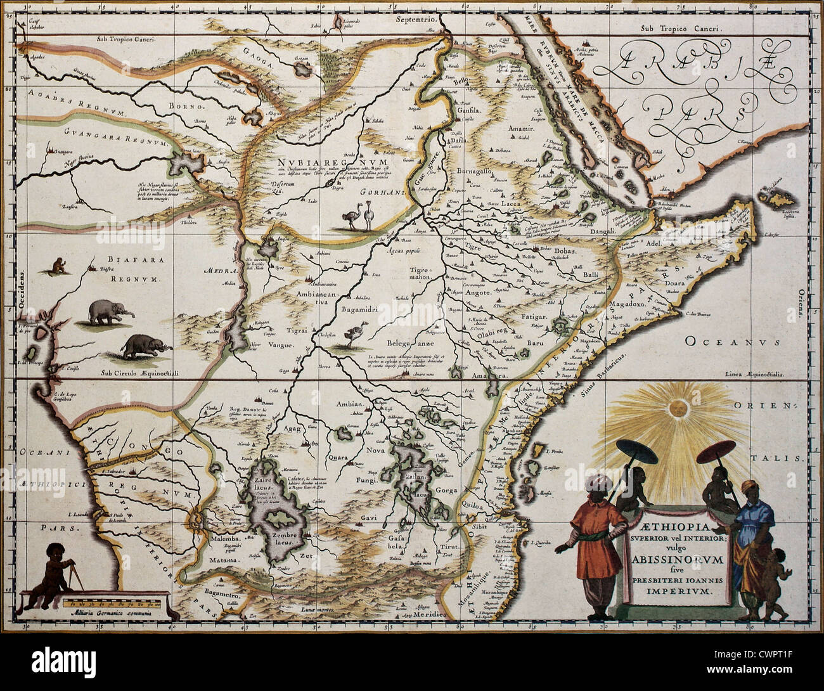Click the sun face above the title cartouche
point(676,409)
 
